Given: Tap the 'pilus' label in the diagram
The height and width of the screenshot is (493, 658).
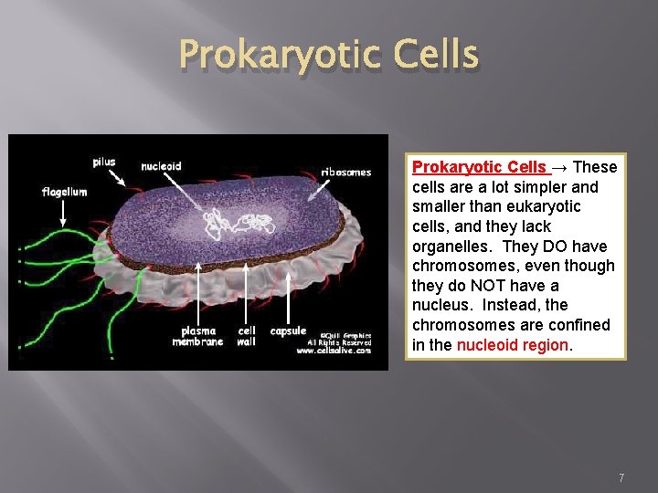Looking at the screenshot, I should click(x=104, y=163).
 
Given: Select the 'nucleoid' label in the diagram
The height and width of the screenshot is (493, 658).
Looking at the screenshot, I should click(x=161, y=166).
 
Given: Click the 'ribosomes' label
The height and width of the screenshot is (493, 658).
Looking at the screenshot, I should click(x=345, y=172).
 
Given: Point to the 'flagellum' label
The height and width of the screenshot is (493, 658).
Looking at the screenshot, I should click(x=64, y=192).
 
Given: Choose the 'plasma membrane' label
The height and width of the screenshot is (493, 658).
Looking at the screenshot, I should click(x=197, y=336).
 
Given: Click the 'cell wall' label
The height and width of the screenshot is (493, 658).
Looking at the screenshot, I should click(x=247, y=336).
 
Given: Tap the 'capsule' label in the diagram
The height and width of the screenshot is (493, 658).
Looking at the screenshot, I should click(x=288, y=330).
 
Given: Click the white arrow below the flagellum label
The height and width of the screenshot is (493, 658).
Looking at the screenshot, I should click(x=63, y=213).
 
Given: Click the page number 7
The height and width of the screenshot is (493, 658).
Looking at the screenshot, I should click(x=621, y=477).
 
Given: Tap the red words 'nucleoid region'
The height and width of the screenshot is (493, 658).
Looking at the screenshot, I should click(x=513, y=345).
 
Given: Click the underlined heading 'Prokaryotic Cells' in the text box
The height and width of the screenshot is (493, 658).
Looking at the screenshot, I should click(x=480, y=167).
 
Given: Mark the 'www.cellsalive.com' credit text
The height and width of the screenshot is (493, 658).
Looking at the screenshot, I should click(x=340, y=350).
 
